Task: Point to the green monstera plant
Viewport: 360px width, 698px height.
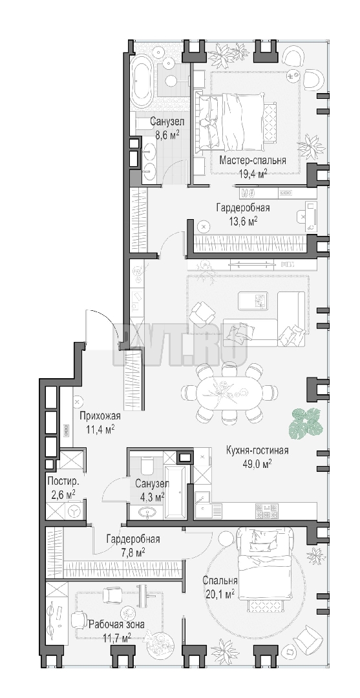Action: tap(305, 423)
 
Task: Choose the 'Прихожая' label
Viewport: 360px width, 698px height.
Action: tap(100, 416)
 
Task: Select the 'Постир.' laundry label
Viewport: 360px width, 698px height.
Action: tap(63, 481)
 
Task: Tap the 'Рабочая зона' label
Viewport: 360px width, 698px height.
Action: tap(116, 624)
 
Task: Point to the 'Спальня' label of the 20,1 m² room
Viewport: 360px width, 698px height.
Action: tap(220, 581)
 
